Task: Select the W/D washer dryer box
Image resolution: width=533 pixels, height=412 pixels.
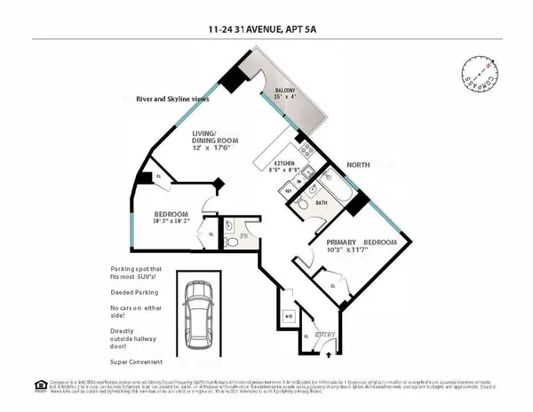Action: (287, 315)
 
